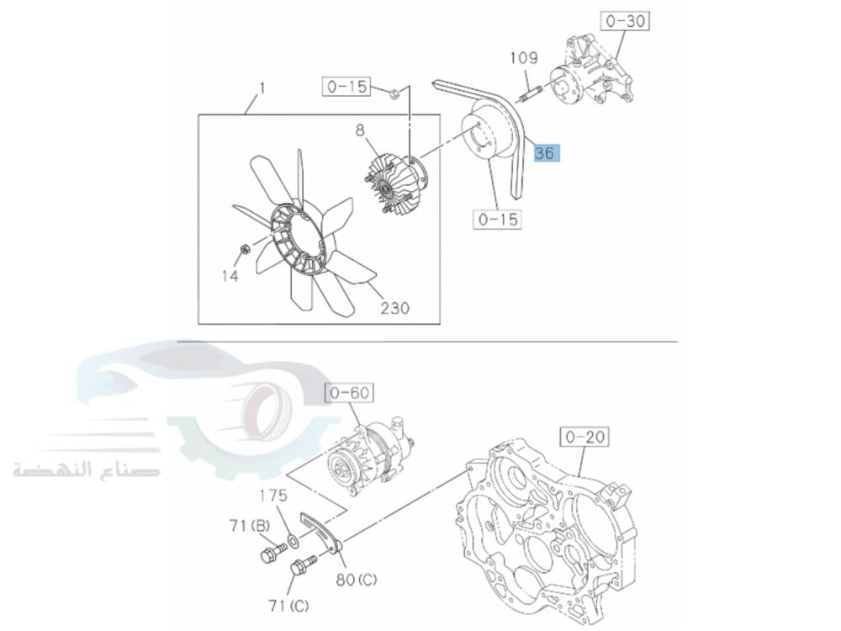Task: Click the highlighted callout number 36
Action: (x=547, y=153)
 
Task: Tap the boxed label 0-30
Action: (x=626, y=22)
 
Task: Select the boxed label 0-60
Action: (x=350, y=393)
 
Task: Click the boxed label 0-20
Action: (x=584, y=437)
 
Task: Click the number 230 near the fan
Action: (x=395, y=308)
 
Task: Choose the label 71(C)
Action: (x=288, y=606)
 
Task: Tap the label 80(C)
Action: (x=357, y=580)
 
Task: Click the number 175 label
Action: (x=274, y=495)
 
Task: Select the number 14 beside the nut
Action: (x=230, y=276)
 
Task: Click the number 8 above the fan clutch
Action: (x=360, y=130)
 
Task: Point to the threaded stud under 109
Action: (x=529, y=93)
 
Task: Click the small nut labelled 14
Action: (x=245, y=249)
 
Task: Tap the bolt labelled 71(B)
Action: (x=273, y=553)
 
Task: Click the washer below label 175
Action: (x=294, y=540)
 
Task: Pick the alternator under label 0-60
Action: (x=369, y=456)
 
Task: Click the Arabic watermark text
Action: (x=86, y=469)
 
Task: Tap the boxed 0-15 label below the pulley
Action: (x=498, y=220)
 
